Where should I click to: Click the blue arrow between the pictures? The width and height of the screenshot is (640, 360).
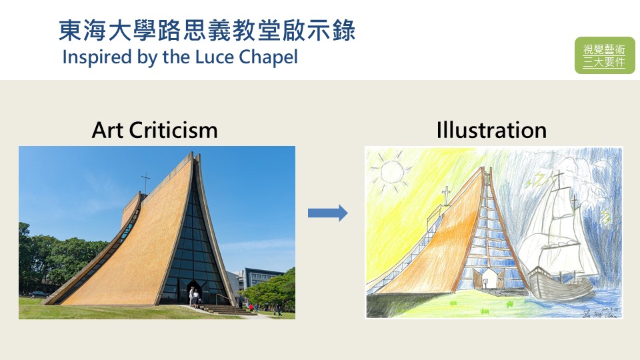(328, 213)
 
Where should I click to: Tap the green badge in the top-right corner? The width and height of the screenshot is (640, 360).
(605, 55)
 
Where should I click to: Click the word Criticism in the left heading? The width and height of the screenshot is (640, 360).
(173, 130)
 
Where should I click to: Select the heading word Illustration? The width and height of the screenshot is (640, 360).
(491, 130)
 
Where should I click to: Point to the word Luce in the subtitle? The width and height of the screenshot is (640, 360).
(215, 57)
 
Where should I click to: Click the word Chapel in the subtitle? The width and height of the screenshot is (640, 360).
(268, 57)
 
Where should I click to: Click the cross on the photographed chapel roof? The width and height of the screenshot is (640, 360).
(145, 183)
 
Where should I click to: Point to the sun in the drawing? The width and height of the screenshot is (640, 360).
(392, 172)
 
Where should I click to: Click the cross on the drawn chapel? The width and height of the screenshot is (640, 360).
(446, 197)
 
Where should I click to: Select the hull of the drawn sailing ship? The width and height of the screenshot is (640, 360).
(560, 285)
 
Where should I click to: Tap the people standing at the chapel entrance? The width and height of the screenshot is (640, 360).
(194, 297)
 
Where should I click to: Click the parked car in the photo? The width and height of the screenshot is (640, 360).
(39, 294)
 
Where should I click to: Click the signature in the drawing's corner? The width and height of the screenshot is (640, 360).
(600, 313)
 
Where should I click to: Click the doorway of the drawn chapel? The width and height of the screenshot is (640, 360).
(488, 279)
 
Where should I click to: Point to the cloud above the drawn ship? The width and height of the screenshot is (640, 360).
(579, 163)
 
